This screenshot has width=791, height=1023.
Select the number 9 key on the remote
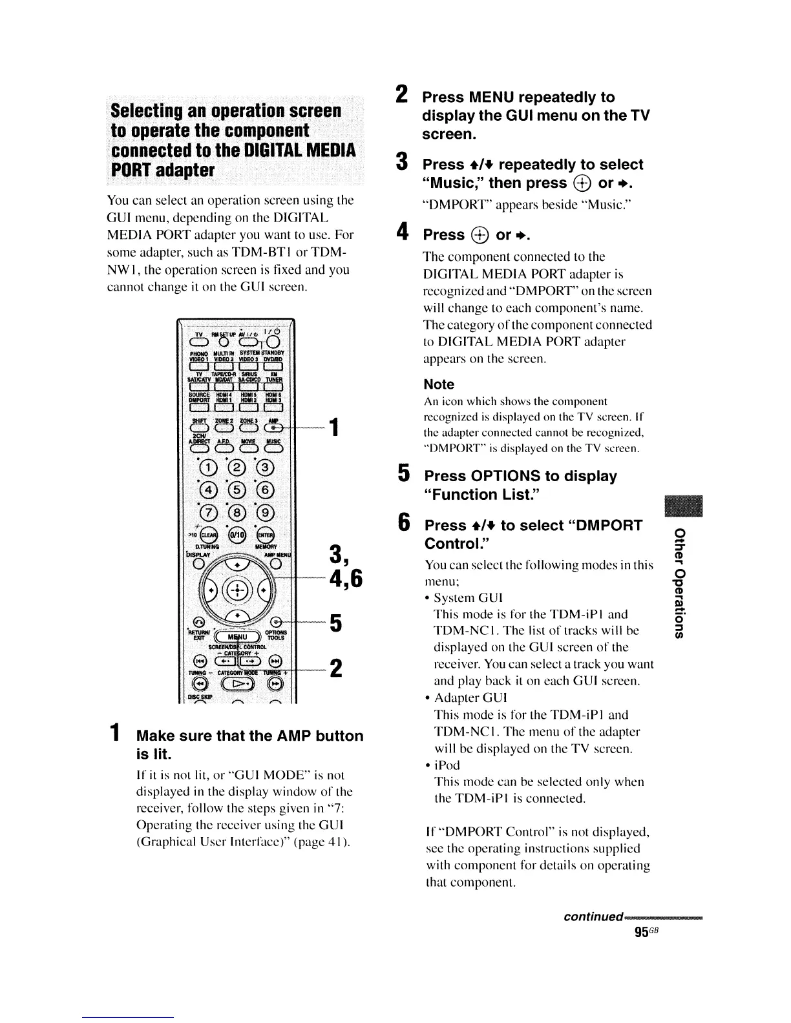[266, 513]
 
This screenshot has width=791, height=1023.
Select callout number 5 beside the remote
[335, 624]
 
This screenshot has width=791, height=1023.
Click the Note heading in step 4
[439, 384]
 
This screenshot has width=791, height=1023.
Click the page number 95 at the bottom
[642, 932]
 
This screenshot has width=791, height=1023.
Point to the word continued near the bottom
[592, 917]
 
